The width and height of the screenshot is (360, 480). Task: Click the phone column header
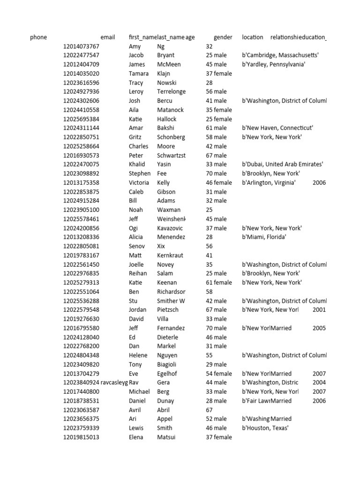point(38,37)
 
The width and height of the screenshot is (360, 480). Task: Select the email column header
point(107,37)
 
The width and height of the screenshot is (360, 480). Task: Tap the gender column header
point(223,37)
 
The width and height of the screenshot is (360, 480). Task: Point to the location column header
point(252,37)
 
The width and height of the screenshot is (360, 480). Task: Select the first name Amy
point(135,46)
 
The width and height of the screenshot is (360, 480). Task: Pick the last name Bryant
point(165,55)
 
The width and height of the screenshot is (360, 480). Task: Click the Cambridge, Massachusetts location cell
point(280,55)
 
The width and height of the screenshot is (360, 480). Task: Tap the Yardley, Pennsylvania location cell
point(274,64)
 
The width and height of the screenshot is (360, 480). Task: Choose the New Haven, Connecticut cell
point(277,128)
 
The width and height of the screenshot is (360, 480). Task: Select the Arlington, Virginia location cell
point(269,183)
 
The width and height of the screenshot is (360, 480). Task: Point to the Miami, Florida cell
point(264,237)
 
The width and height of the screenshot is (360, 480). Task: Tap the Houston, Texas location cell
point(265,428)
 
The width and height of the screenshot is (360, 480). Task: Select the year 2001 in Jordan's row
point(319,310)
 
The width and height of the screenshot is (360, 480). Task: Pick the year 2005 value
point(319,328)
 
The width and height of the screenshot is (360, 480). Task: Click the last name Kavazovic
point(170,228)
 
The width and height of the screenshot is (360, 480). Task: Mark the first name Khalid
point(137,165)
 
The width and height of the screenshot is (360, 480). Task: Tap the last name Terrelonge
point(171,92)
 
